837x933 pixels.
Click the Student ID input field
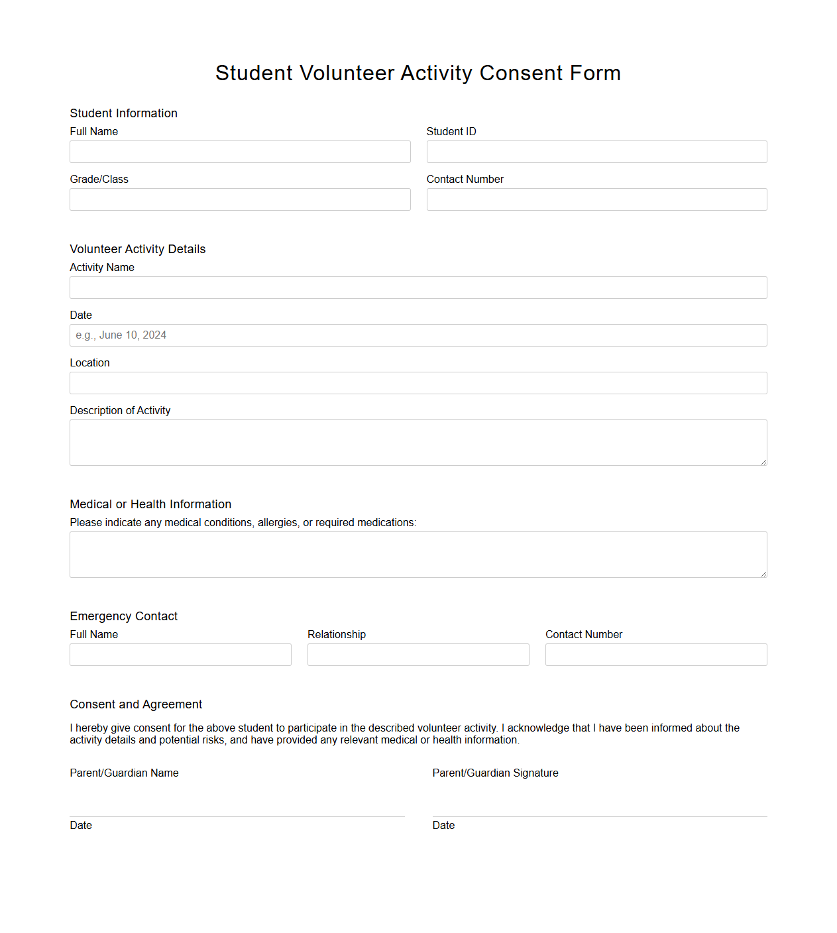coord(596,152)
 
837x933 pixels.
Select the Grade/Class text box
coord(240,199)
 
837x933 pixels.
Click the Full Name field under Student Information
coord(240,152)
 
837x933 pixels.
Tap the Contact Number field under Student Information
coord(596,199)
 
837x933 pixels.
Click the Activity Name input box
coord(418,288)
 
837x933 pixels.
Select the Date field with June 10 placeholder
coord(418,335)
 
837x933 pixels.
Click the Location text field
coord(418,383)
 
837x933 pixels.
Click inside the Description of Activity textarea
coord(418,443)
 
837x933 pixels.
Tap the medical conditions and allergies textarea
coord(418,555)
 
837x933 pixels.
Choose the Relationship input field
coord(418,655)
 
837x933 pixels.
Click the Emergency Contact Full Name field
coord(180,655)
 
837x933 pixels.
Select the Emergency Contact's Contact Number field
coord(656,655)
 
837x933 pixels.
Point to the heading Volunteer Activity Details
coord(138,249)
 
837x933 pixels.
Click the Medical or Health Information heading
coord(150,504)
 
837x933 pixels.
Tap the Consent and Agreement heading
coord(136,704)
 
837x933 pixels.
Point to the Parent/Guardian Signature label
coord(495,773)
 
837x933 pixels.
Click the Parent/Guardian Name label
coord(124,773)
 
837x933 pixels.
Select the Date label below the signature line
coord(443,826)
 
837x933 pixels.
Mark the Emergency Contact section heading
coord(124,616)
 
